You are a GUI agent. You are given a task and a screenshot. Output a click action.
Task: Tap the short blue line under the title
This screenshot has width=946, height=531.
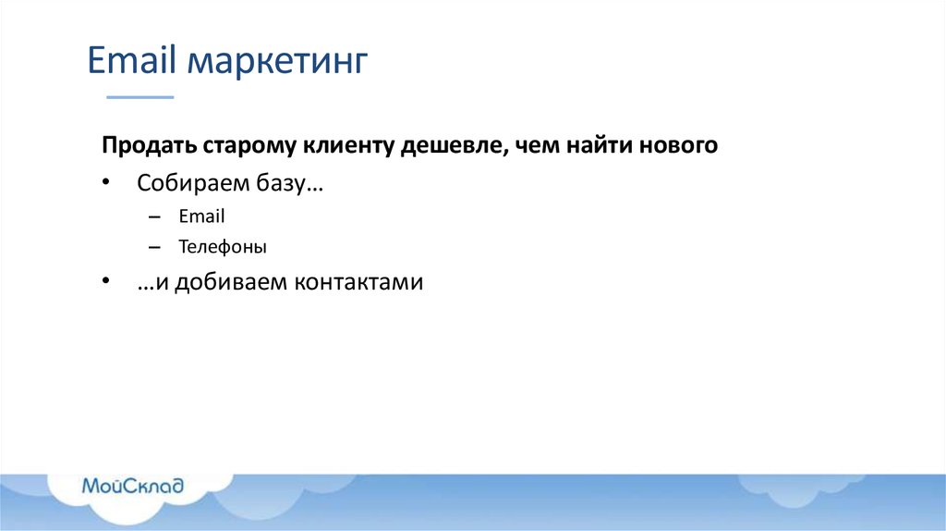(139, 96)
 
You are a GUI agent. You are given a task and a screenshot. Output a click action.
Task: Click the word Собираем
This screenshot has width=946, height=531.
(188, 182)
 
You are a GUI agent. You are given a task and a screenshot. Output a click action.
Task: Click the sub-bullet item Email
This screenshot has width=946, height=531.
(202, 216)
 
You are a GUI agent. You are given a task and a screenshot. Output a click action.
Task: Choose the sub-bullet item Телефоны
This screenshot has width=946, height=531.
(223, 247)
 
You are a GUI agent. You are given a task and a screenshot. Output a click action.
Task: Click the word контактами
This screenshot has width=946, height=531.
(358, 282)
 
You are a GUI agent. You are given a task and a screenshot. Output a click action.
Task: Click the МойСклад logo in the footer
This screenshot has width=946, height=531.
(132, 486)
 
